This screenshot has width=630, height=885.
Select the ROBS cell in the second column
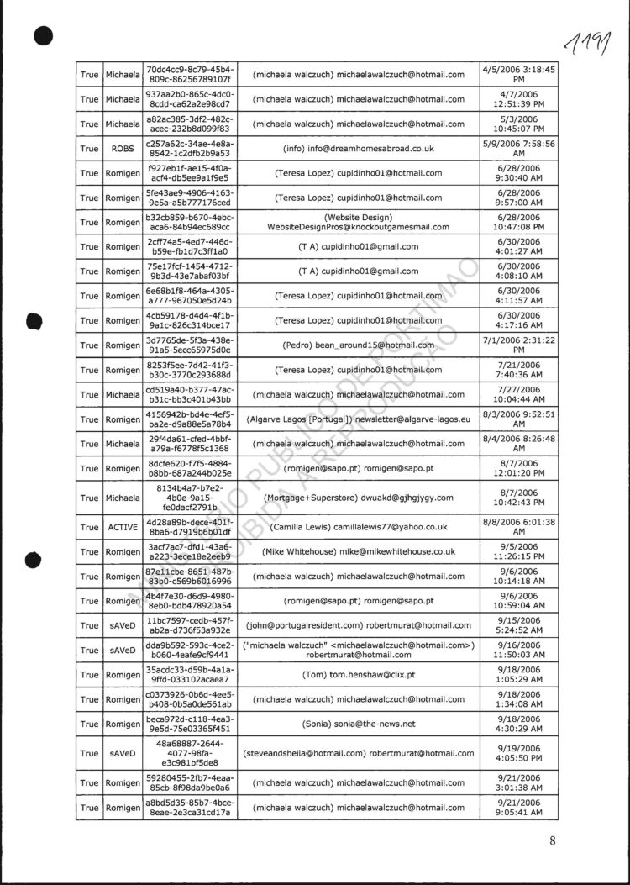click(x=123, y=148)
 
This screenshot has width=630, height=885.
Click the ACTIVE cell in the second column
click(x=123, y=527)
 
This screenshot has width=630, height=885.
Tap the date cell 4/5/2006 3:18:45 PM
click(x=519, y=74)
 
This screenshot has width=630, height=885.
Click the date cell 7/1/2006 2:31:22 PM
click(x=519, y=345)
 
